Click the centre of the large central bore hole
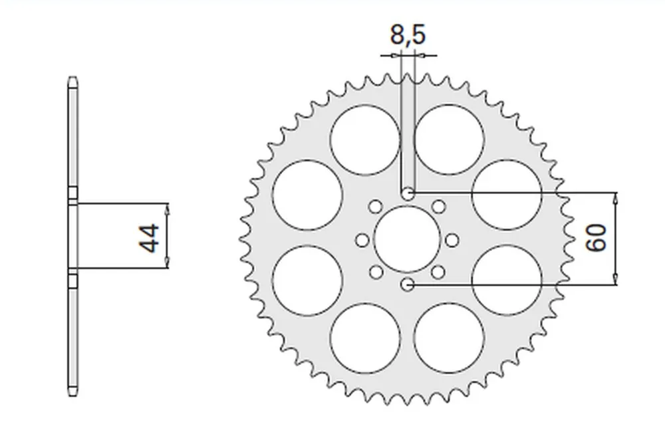click(x=407, y=239)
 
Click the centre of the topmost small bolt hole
click(x=408, y=193)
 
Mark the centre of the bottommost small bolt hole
click(x=407, y=284)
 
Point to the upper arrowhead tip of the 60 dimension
click(x=616, y=193)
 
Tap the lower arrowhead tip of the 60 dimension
click(x=616, y=284)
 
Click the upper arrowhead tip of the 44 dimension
click(x=167, y=203)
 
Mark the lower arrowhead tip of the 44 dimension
click(x=167, y=269)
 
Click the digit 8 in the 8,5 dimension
click(x=398, y=35)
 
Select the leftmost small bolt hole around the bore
click(x=362, y=241)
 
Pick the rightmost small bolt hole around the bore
click(x=452, y=240)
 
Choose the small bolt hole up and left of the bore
click(x=375, y=207)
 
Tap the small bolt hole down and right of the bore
click(x=438, y=272)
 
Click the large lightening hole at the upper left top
click(x=365, y=140)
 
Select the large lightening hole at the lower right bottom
click(x=449, y=338)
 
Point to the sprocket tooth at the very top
click(x=407, y=76)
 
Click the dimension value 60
click(x=596, y=237)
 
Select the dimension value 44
click(x=149, y=239)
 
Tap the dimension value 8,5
click(x=407, y=35)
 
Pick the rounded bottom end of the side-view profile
click(x=73, y=393)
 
